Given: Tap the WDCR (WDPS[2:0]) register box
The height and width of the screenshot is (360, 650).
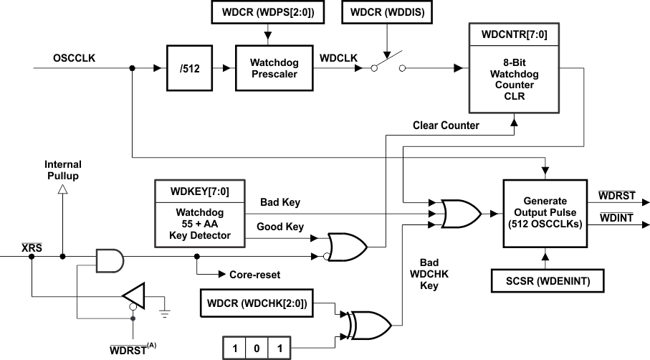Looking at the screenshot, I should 266,11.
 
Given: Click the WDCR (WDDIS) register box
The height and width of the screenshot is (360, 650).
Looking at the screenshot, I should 387,11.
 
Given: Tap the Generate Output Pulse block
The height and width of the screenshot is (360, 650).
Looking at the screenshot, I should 545,213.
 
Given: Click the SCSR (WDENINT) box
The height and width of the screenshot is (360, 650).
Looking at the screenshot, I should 545,281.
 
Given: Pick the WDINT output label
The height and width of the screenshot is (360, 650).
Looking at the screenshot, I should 616,218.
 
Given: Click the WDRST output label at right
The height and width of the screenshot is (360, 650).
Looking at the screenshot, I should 616,195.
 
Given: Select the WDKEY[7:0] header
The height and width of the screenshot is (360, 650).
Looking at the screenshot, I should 200,190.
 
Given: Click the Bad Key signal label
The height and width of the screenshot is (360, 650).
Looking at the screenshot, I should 279,203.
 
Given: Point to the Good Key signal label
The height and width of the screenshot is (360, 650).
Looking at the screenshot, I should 281,227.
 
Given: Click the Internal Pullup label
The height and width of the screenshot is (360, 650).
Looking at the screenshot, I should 63,169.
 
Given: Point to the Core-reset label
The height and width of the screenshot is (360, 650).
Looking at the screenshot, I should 254,274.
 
